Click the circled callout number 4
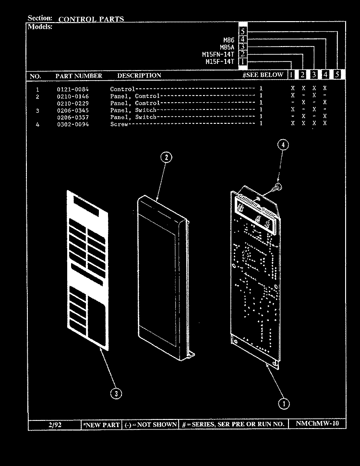pos(283,145)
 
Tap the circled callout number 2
pos(166,157)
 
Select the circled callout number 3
pos(116,394)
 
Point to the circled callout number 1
pos(283,404)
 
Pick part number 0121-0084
pos(73,89)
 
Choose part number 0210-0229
pos(73,104)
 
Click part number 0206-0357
pos(73,118)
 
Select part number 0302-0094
pos(73,124)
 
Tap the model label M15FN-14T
pos(218,54)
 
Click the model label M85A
pos(227,47)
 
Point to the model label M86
pos(228,40)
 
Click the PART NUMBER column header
pos(79,76)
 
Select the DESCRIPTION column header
pos(139,75)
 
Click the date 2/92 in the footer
pos(55,425)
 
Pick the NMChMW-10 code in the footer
pos(317,423)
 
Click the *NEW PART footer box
pos(102,425)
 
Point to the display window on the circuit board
pos(257,215)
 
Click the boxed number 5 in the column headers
pos(337,74)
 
